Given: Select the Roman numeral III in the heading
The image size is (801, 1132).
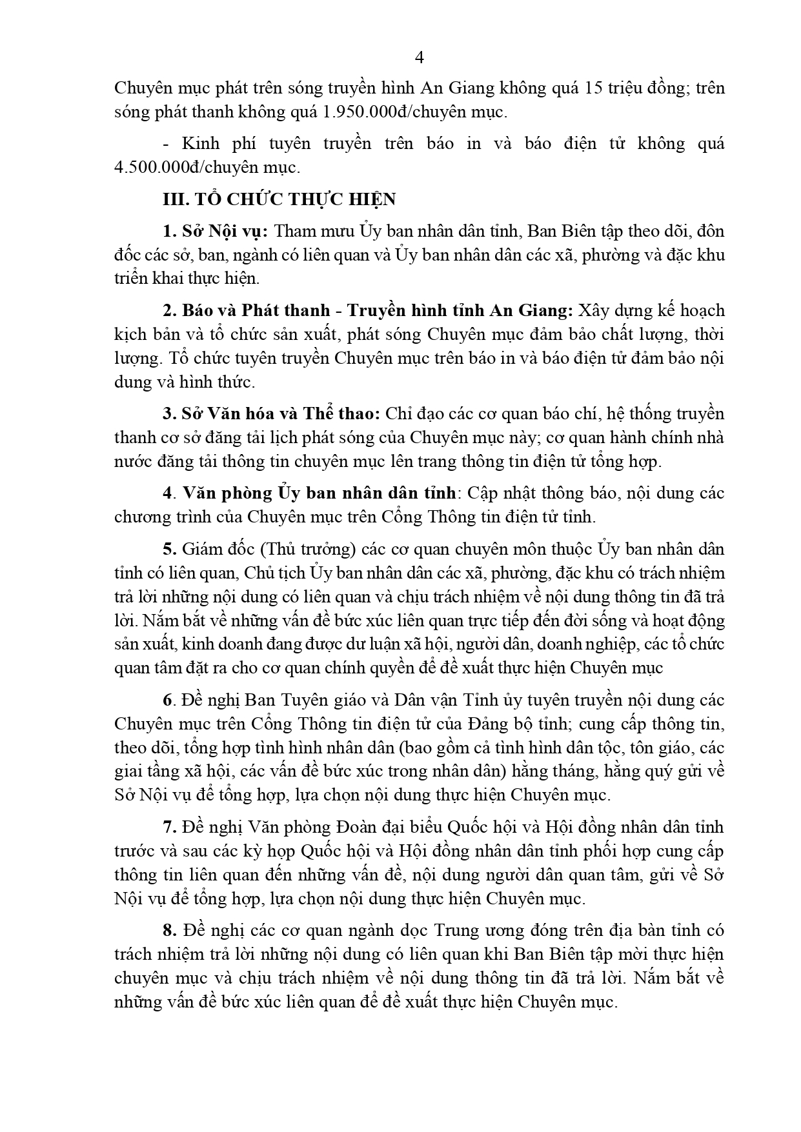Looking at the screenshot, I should tap(174, 199).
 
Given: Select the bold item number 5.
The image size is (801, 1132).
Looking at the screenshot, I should tap(169, 549).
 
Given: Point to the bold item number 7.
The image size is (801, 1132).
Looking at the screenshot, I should tap(169, 827).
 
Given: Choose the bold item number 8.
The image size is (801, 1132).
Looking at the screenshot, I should tap(169, 930).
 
